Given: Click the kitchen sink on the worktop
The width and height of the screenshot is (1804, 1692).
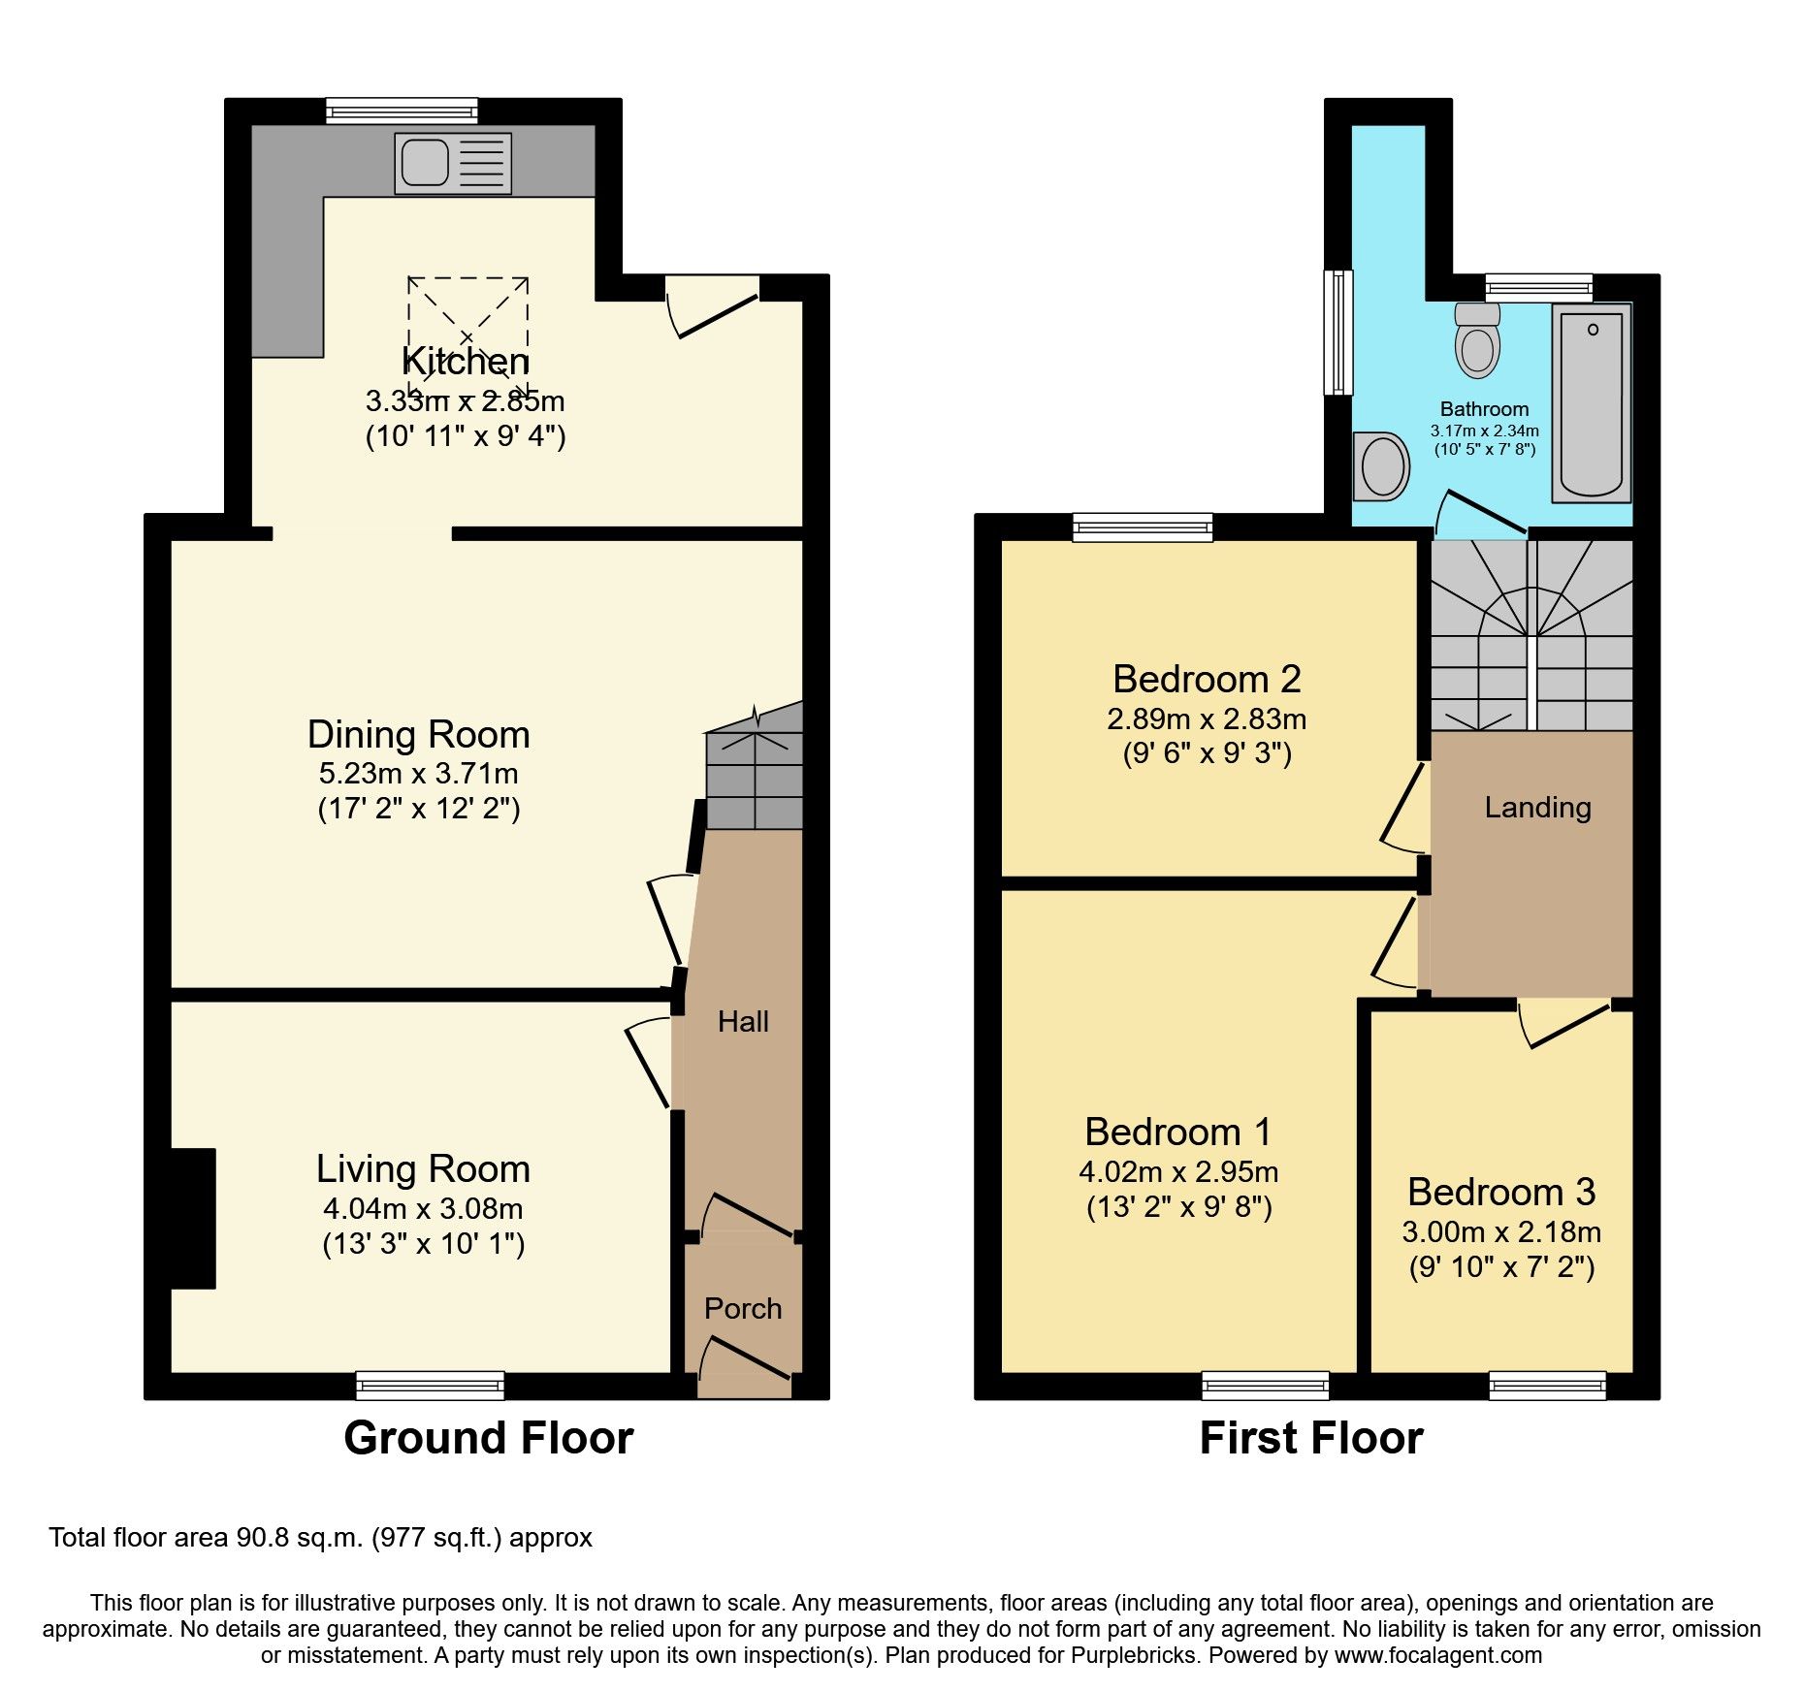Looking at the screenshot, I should [x=452, y=163].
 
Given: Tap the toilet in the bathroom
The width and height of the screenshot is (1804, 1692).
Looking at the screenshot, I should [x=1477, y=342].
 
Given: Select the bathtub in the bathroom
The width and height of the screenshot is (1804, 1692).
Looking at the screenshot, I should [x=1592, y=402].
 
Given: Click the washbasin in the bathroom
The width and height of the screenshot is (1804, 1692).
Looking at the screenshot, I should [x=1381, y=466].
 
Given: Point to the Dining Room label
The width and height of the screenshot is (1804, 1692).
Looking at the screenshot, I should [x=419, y=735].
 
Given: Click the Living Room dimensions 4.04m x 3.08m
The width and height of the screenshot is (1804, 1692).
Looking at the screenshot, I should [x=423, y=1209].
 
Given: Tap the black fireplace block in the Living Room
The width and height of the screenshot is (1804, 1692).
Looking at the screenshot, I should [x=193, y=1218].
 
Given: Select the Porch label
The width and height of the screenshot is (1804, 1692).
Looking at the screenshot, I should [x=743, y=1308].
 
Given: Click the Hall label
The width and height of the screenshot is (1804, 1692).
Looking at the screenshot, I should [x=743, y=1021].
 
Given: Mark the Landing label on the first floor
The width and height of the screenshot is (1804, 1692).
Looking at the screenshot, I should [x=1537, y=807].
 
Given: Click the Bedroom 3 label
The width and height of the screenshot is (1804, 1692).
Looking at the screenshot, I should [x=1501, y=1192].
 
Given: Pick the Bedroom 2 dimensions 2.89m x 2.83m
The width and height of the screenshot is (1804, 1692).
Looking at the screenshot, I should [x=1207, y=719].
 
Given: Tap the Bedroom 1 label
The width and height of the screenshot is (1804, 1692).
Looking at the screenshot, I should [x=1178, y=1132].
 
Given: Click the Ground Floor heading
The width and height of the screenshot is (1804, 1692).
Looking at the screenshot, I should [x=488, y=1437].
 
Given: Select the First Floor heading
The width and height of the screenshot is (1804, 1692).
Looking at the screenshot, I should [x=1311, y=1437].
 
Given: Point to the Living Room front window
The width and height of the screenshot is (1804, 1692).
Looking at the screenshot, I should [x=431, y=1385].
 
